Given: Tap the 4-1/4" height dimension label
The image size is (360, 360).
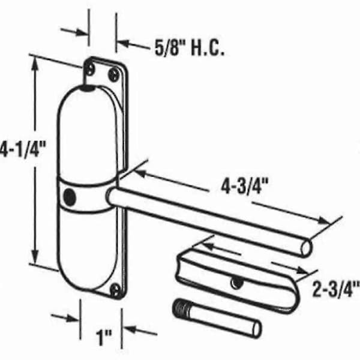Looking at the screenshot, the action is pos(23,149).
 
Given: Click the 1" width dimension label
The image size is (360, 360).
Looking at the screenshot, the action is pos(104,337).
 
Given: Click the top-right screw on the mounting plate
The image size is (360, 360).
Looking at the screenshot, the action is pos(114,74).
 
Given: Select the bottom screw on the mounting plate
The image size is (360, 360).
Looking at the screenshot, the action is pos(115,290).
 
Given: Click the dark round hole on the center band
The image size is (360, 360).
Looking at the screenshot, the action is pos(70,197).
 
